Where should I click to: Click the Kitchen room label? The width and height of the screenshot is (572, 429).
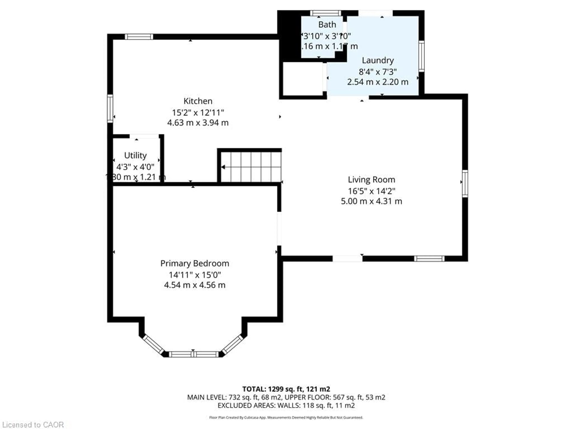[198, 101]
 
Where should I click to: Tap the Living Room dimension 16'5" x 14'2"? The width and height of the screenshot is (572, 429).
[371, 191]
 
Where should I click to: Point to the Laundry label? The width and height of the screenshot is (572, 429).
[378, 60]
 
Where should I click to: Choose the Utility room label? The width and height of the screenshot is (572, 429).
[135, 155]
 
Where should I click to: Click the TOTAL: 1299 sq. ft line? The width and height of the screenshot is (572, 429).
[286, 389]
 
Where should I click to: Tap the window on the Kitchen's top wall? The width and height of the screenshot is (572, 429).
[139, 37]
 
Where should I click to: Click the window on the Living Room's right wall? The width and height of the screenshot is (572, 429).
[465, 184]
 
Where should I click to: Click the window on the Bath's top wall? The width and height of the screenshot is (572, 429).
[326, 13]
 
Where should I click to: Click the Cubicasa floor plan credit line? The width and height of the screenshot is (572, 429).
[286, 417]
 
